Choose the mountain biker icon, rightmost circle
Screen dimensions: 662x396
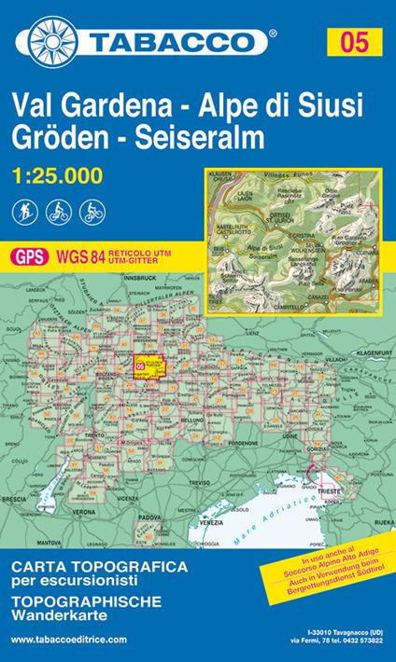pyautogui.click(x=92, y=210)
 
